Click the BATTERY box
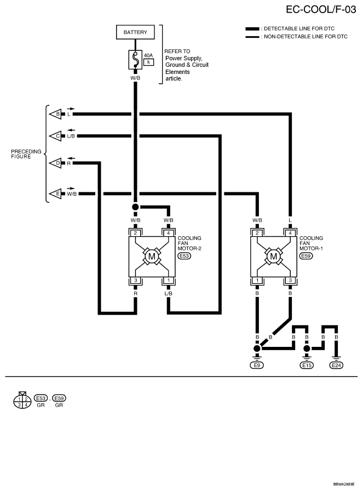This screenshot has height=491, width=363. [135, 32]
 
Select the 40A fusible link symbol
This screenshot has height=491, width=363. [135, 60]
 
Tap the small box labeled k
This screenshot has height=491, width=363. [148, 62]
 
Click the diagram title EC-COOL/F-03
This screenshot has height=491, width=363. [321, 9]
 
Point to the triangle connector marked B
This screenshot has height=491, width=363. [55, 114]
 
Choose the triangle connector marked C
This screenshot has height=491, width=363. [55, 136]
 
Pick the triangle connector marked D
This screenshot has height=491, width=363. [55, 163]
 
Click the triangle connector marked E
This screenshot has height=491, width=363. [55, 194]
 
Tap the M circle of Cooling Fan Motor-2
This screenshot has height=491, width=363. [152, 256]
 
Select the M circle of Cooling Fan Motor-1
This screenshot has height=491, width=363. [274, 256]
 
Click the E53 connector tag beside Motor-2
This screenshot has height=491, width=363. [185, 256]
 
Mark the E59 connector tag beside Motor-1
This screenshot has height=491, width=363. [306, 256]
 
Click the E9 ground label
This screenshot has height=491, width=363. [257, 365]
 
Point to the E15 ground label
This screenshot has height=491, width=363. [307, 365]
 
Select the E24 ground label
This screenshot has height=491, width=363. [336, 365]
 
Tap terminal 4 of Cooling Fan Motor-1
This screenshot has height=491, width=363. [290, 233]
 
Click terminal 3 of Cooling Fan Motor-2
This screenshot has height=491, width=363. [135, 280]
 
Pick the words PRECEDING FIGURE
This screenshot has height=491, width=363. [26, 154]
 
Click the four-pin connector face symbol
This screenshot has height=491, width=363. [22, 401]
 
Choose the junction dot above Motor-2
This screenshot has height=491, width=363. [135, 207]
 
